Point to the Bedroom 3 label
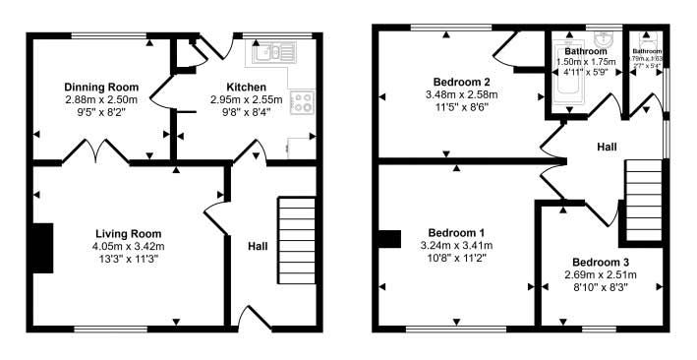click(602, 262)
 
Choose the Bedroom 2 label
click(460, 81)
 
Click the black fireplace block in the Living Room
click(41, 247)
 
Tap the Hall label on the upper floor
click(607, 147)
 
